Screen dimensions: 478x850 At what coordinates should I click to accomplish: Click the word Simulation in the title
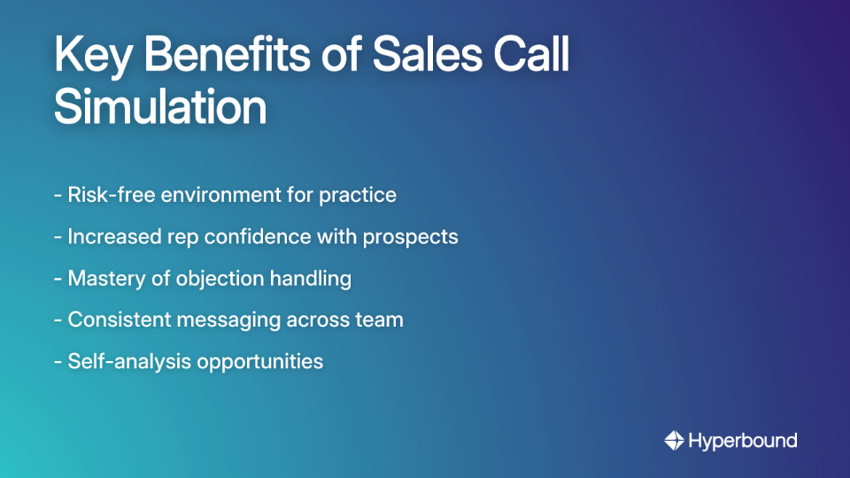coord(160,108)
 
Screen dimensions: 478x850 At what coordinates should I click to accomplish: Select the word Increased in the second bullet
coord(112,236)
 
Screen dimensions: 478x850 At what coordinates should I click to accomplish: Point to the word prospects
coord(417,237)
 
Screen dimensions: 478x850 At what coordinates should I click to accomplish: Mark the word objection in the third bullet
coord(205,279)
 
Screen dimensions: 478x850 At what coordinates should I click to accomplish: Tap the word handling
coord(311,279)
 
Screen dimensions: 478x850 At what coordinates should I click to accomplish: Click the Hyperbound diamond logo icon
coord(674,440)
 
